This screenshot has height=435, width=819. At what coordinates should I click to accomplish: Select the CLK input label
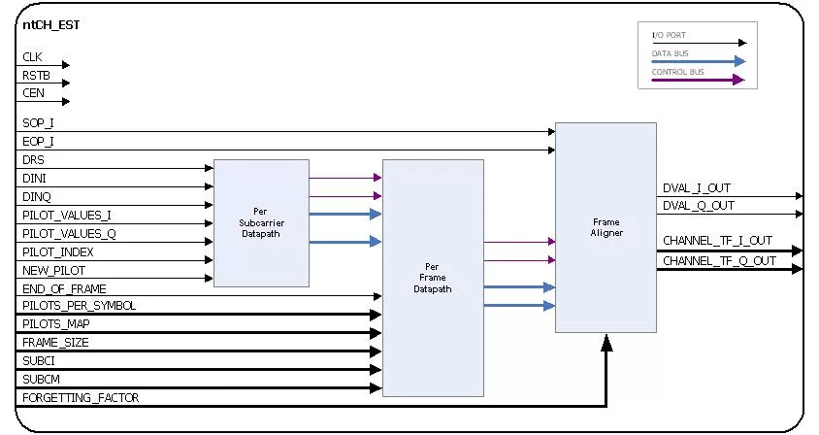point(32,58)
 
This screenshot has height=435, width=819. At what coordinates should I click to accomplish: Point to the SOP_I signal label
point(38,124)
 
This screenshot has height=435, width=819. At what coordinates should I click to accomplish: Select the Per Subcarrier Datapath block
point(260,222)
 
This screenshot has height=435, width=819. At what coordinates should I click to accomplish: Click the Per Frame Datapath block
point(433,278)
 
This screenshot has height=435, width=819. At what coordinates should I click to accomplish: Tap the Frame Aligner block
point(605,227)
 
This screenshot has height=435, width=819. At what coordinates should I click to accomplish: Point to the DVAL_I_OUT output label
point(697,188)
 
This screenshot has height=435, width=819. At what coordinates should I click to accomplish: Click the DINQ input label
point(34,197)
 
